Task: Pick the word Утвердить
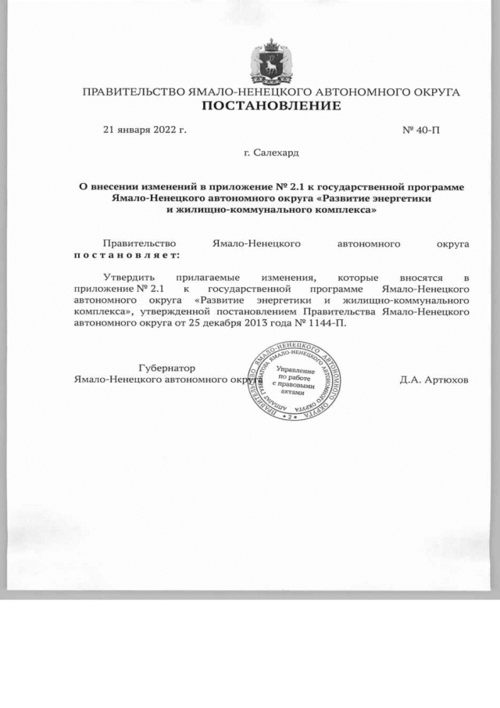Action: coord(130,278)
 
